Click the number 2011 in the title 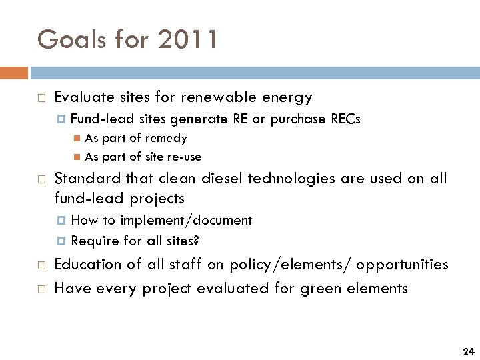point(189,40)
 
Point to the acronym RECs point(345,119)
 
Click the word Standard point(83,179)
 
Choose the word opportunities point(402,265)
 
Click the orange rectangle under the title point(14,73)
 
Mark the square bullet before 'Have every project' point(41,289)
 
